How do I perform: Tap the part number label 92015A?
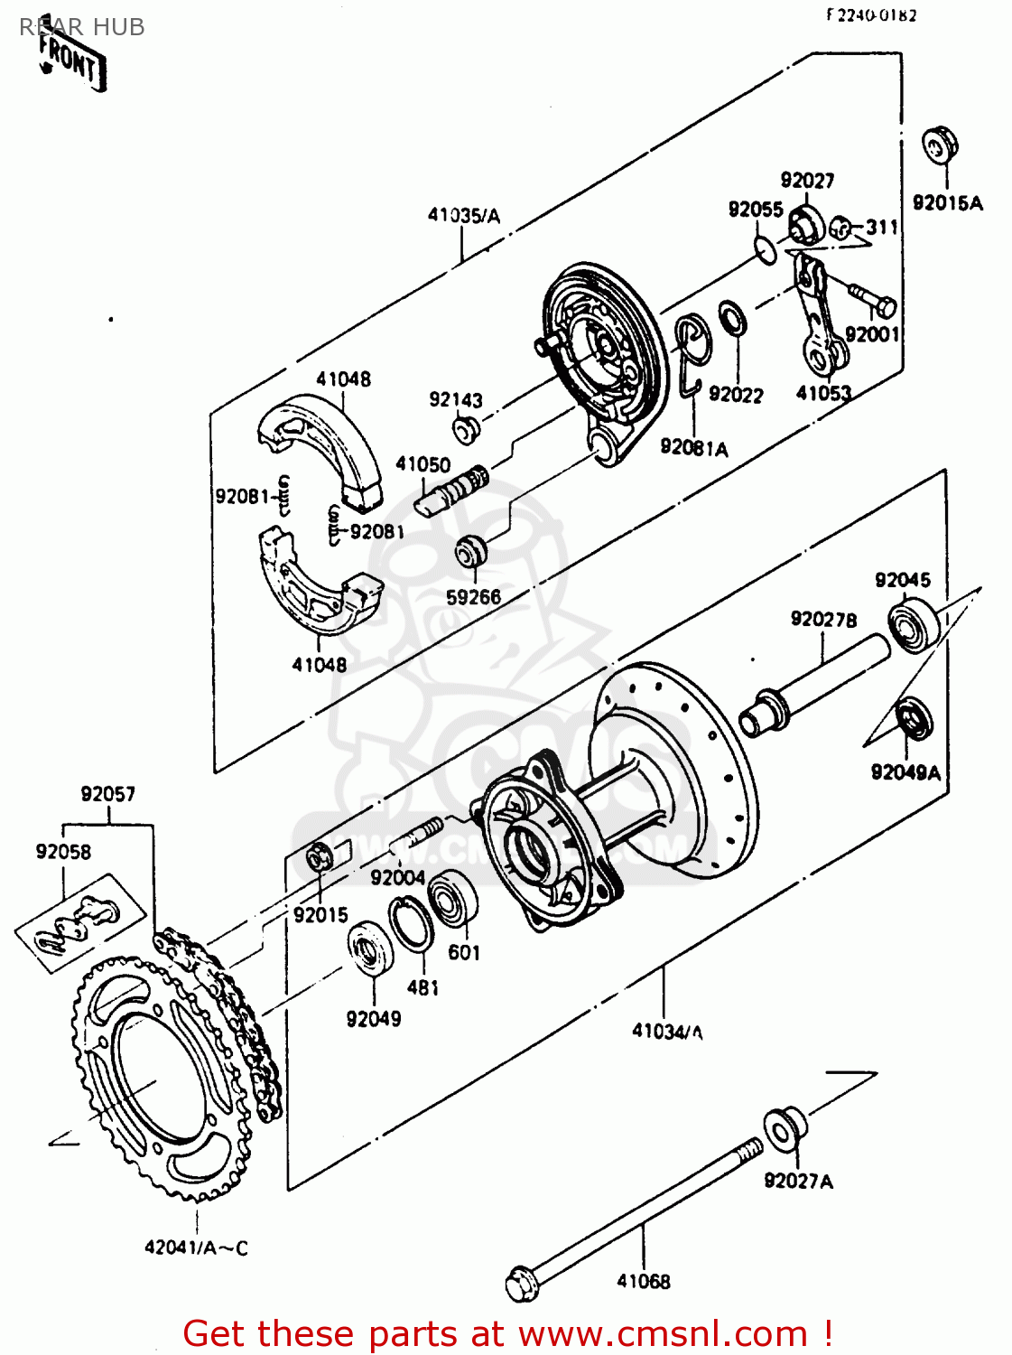click(x=947, y=203)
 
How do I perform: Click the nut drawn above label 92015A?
click(x=939, y=145)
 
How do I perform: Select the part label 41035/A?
click(x=463, y=215)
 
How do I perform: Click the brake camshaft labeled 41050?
click(x=450, y=489)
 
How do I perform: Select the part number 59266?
click(x=473, y=597)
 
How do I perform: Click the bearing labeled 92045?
click(x=913, y=626)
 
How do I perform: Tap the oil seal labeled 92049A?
click(x=915, y=720)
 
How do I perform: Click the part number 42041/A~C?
click(x=196, y=1248)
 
